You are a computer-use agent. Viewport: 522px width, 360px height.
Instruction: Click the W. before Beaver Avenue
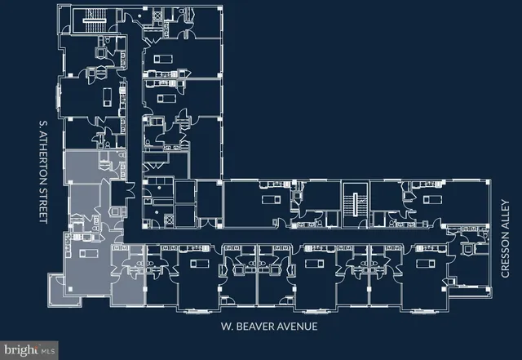(228, 327)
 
